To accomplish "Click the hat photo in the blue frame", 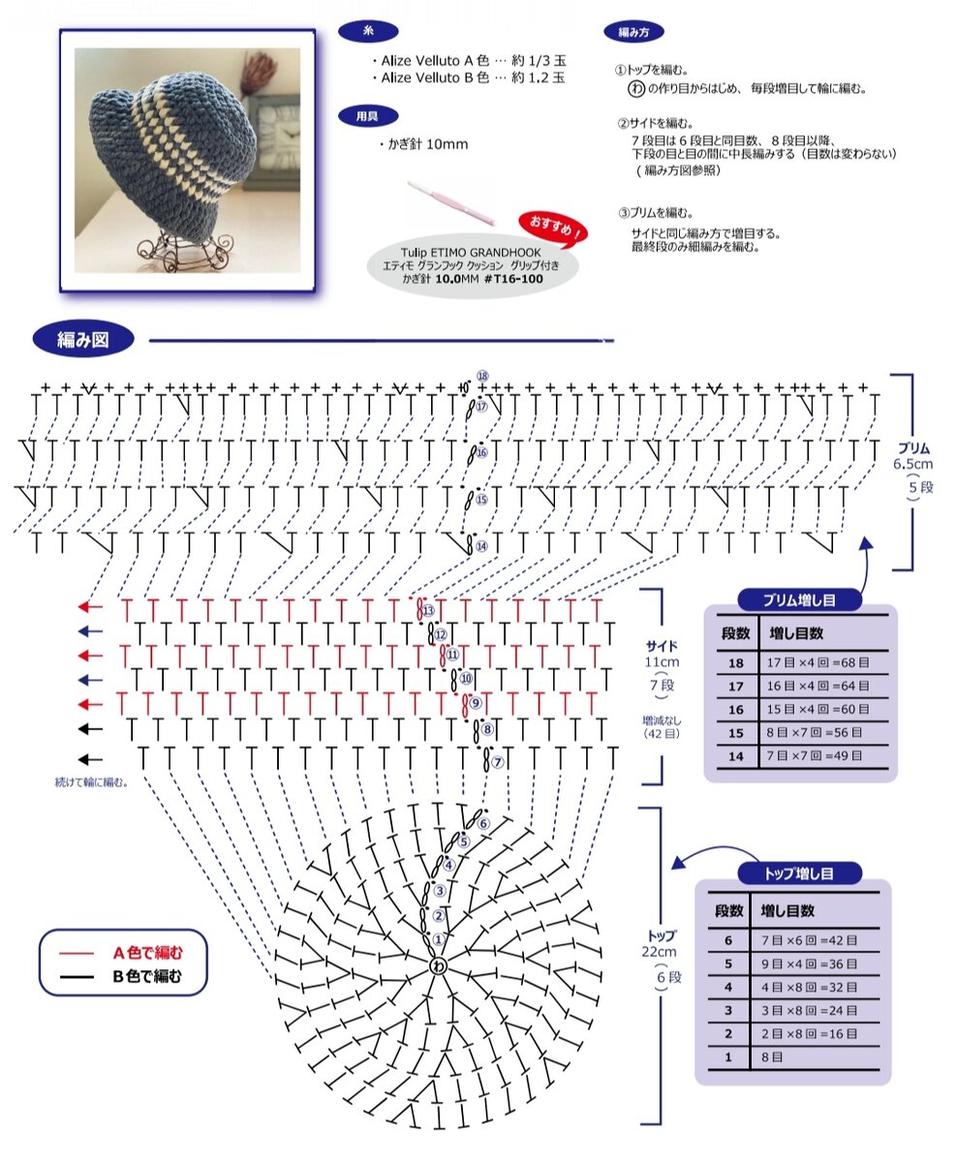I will tap(188, 161).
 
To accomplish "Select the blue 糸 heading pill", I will tap(367, 32).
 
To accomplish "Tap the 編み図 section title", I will tap(82, 339).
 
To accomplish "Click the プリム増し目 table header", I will tap(800, 600).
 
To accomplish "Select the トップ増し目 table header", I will tap(799, 873).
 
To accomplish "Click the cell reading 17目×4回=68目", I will tap(817, 663).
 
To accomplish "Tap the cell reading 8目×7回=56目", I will tap(817, 733).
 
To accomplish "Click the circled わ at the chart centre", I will tap(438, 966).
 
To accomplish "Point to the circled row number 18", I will tap(482, 376).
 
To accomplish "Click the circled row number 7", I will tap(498, 763).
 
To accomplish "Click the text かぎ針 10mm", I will tap(424, 144).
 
